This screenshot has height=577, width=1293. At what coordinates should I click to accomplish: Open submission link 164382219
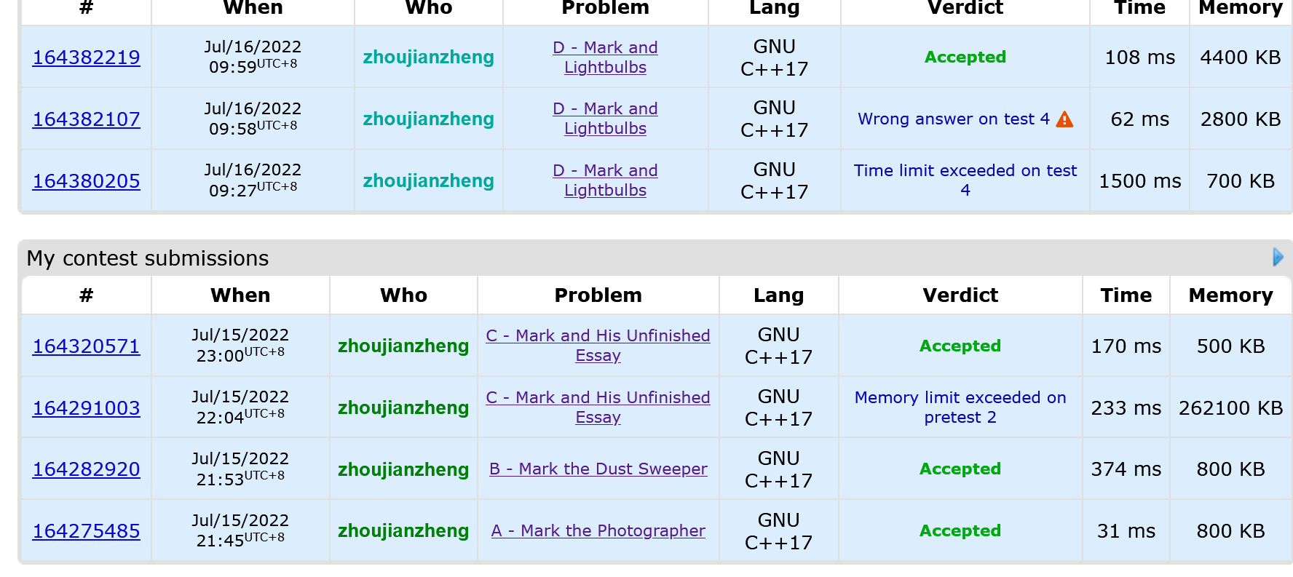pos(86,57)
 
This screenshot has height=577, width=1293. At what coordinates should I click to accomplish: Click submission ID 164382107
pos(86,119)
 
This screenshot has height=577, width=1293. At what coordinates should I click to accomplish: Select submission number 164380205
pos(86,181)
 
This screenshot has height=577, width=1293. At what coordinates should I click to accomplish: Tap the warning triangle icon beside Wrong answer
pos(1064,119)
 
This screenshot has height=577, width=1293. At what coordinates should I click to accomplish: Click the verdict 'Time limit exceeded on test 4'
pos(965,180)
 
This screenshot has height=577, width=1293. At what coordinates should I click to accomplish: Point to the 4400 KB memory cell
pos(1240,57)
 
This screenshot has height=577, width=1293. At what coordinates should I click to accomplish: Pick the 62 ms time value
pos(1139,119)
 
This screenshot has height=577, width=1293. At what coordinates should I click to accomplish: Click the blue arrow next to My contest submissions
pos(1278,257)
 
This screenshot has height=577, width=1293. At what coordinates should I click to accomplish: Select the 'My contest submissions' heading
pos(148,258)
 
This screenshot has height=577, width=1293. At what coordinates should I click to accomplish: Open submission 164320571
pos(86,346)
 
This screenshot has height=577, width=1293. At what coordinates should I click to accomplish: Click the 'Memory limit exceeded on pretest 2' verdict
pos(960,407)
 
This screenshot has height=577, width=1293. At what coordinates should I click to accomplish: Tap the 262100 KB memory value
pos(1230,408)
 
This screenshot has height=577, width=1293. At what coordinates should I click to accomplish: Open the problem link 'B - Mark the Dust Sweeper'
pos(598,469)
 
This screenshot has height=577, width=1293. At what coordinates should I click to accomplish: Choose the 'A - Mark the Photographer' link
pos(598,531)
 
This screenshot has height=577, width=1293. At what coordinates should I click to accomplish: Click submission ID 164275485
pos(86,531)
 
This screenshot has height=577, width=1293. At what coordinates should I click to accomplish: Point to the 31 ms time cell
pos(1126,531)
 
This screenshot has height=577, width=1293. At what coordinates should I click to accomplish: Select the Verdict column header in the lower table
pos(960,295)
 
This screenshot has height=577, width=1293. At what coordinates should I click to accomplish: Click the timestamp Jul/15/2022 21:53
pos(240,469)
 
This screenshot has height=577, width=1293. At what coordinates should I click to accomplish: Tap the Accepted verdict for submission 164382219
pos(965,57)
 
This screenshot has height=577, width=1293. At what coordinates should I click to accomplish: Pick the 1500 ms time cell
pos(1139,181)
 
